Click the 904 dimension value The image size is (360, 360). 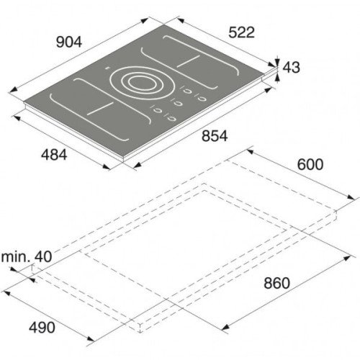point(69,42)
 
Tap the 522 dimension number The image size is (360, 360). point(241,32)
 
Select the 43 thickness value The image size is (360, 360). point(292,67)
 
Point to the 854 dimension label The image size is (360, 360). point(215,136)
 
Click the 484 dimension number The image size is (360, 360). point(54,155)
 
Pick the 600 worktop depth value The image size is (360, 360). point(310,165)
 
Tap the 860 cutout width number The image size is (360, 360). point(277,283)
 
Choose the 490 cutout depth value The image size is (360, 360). point(42,328)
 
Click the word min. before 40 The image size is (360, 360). point(16,256)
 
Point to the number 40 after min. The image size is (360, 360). point(43,256)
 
